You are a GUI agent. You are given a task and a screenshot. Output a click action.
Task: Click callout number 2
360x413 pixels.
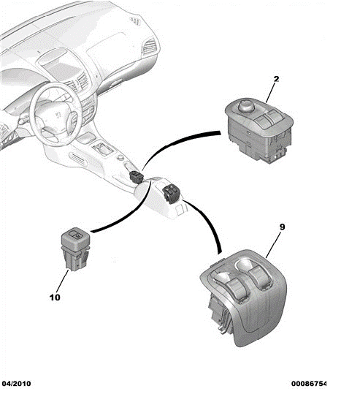[x=276, y=79]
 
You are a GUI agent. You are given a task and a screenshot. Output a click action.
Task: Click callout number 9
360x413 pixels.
[x=282, y=227]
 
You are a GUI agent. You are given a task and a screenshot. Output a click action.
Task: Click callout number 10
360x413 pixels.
[x=55, y=298]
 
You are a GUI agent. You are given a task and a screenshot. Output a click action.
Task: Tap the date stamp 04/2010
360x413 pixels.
[x=16, y=384]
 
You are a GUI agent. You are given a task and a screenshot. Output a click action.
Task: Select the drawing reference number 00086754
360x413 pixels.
[x=309, y=384]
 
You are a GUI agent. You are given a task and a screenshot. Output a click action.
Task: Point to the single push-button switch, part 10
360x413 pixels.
[x=75, y=249]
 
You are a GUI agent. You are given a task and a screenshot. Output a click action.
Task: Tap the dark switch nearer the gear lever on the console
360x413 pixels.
[x=137, y=176]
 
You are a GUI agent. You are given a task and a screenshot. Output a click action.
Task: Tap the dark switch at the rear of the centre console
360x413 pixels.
[x=172, y=194]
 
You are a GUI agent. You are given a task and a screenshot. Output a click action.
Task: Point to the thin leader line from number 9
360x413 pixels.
[x=273, y=245]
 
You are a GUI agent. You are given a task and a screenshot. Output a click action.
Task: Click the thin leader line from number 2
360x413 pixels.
[x=270, y=93]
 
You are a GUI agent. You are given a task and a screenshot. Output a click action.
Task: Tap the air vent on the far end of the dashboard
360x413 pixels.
[x=150, y=47]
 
